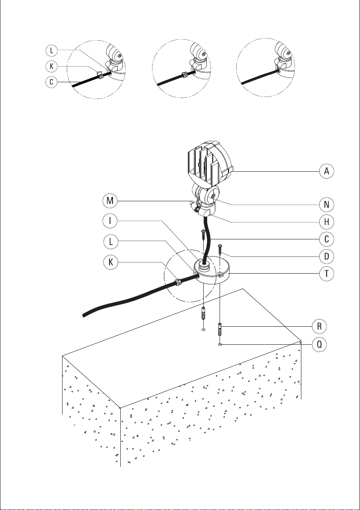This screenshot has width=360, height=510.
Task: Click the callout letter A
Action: (x=326, y=171)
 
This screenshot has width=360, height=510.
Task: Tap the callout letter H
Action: (x=326, y=222)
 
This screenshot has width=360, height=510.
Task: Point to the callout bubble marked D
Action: (x=326, y=256)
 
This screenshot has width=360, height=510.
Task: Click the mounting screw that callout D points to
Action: (x=220, y=248)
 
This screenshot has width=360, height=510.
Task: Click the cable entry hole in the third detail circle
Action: (x=279, y=69)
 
